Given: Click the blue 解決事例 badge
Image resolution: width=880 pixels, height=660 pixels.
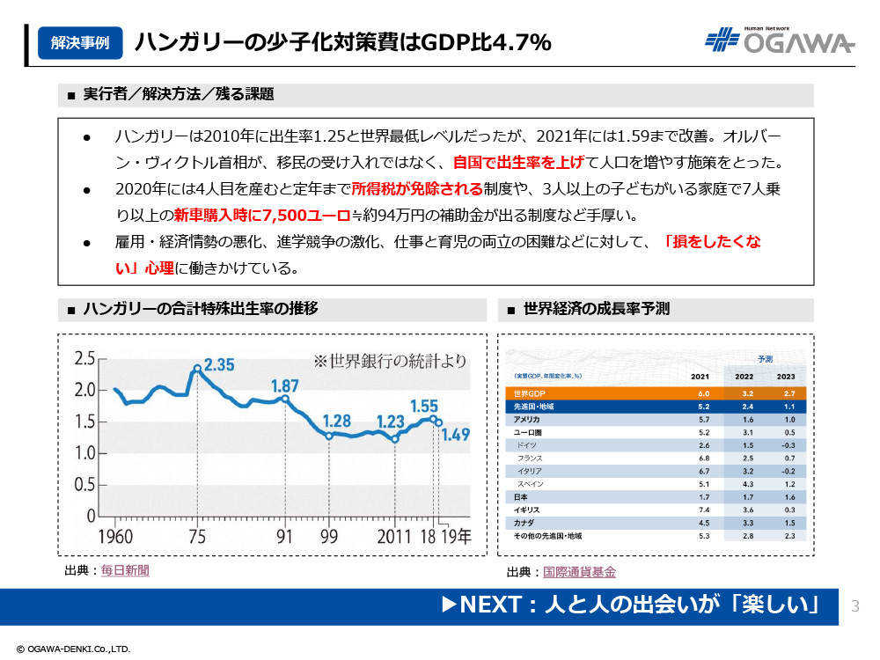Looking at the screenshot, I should coord(80,42).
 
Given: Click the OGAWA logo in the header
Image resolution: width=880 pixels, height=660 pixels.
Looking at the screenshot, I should coord(780,42).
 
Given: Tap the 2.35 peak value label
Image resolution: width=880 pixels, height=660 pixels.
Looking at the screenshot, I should coord(219,364).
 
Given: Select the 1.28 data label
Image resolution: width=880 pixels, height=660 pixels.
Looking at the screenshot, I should coord(337,421).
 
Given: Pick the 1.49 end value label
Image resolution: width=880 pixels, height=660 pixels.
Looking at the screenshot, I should coord(458,434).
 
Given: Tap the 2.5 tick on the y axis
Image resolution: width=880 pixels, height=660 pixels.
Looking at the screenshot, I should coord(84,357).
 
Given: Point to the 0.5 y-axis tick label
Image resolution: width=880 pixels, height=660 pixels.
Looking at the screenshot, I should coord(84,485).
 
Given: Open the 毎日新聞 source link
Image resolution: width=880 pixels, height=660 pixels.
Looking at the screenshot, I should coord(125,570).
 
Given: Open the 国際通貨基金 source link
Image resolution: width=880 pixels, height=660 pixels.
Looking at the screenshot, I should coord(579,572).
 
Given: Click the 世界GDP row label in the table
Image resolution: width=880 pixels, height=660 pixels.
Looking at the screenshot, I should coord(530,393).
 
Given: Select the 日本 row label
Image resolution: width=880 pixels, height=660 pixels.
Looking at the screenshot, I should coord(521,497).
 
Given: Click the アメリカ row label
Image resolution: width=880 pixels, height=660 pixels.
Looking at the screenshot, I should coord(526,420).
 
